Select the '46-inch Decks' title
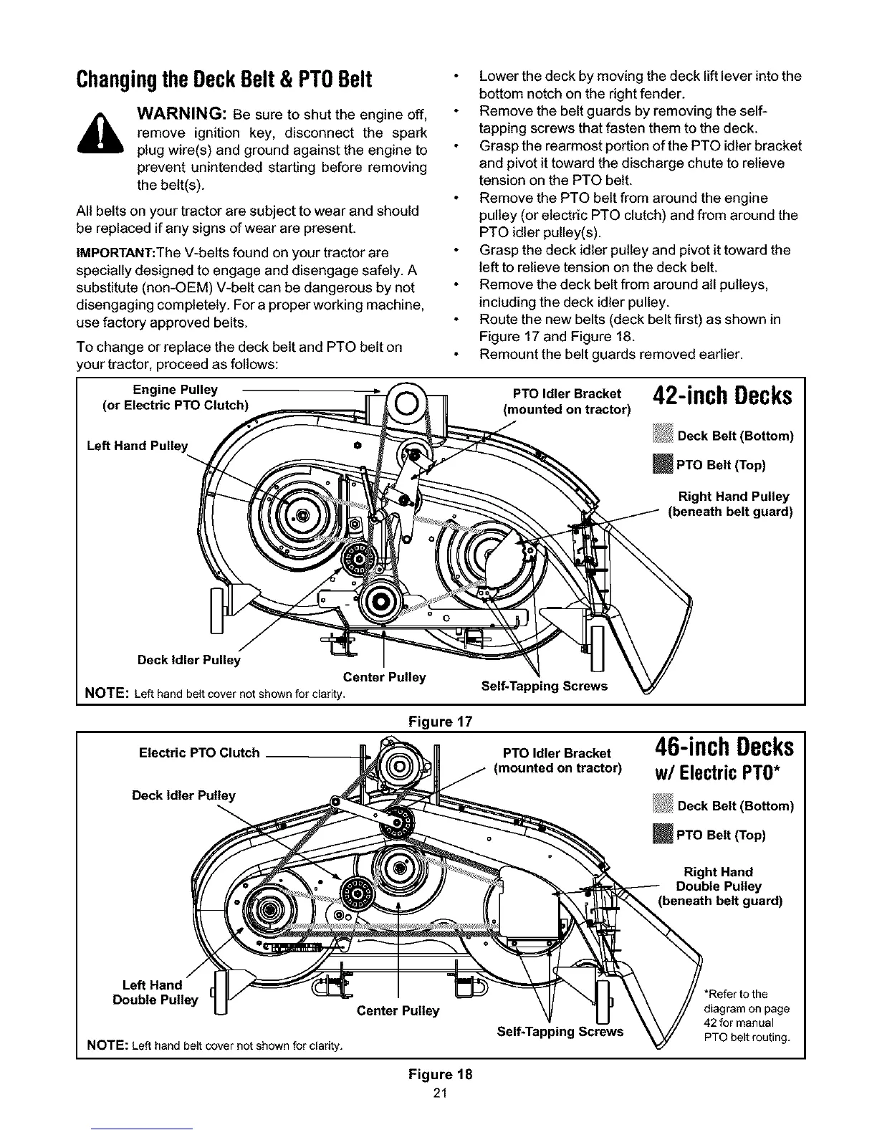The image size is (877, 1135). coord(724,748)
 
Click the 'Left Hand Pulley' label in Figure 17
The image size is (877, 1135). coord(137,446)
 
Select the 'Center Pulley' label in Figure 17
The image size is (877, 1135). coord(384,677)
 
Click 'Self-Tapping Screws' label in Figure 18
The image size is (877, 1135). coord(560,1032)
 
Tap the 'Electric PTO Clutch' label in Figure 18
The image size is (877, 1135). coord(198,753)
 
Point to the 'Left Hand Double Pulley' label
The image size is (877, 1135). coord(155,992)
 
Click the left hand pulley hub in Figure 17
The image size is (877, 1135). coord(301,514)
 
